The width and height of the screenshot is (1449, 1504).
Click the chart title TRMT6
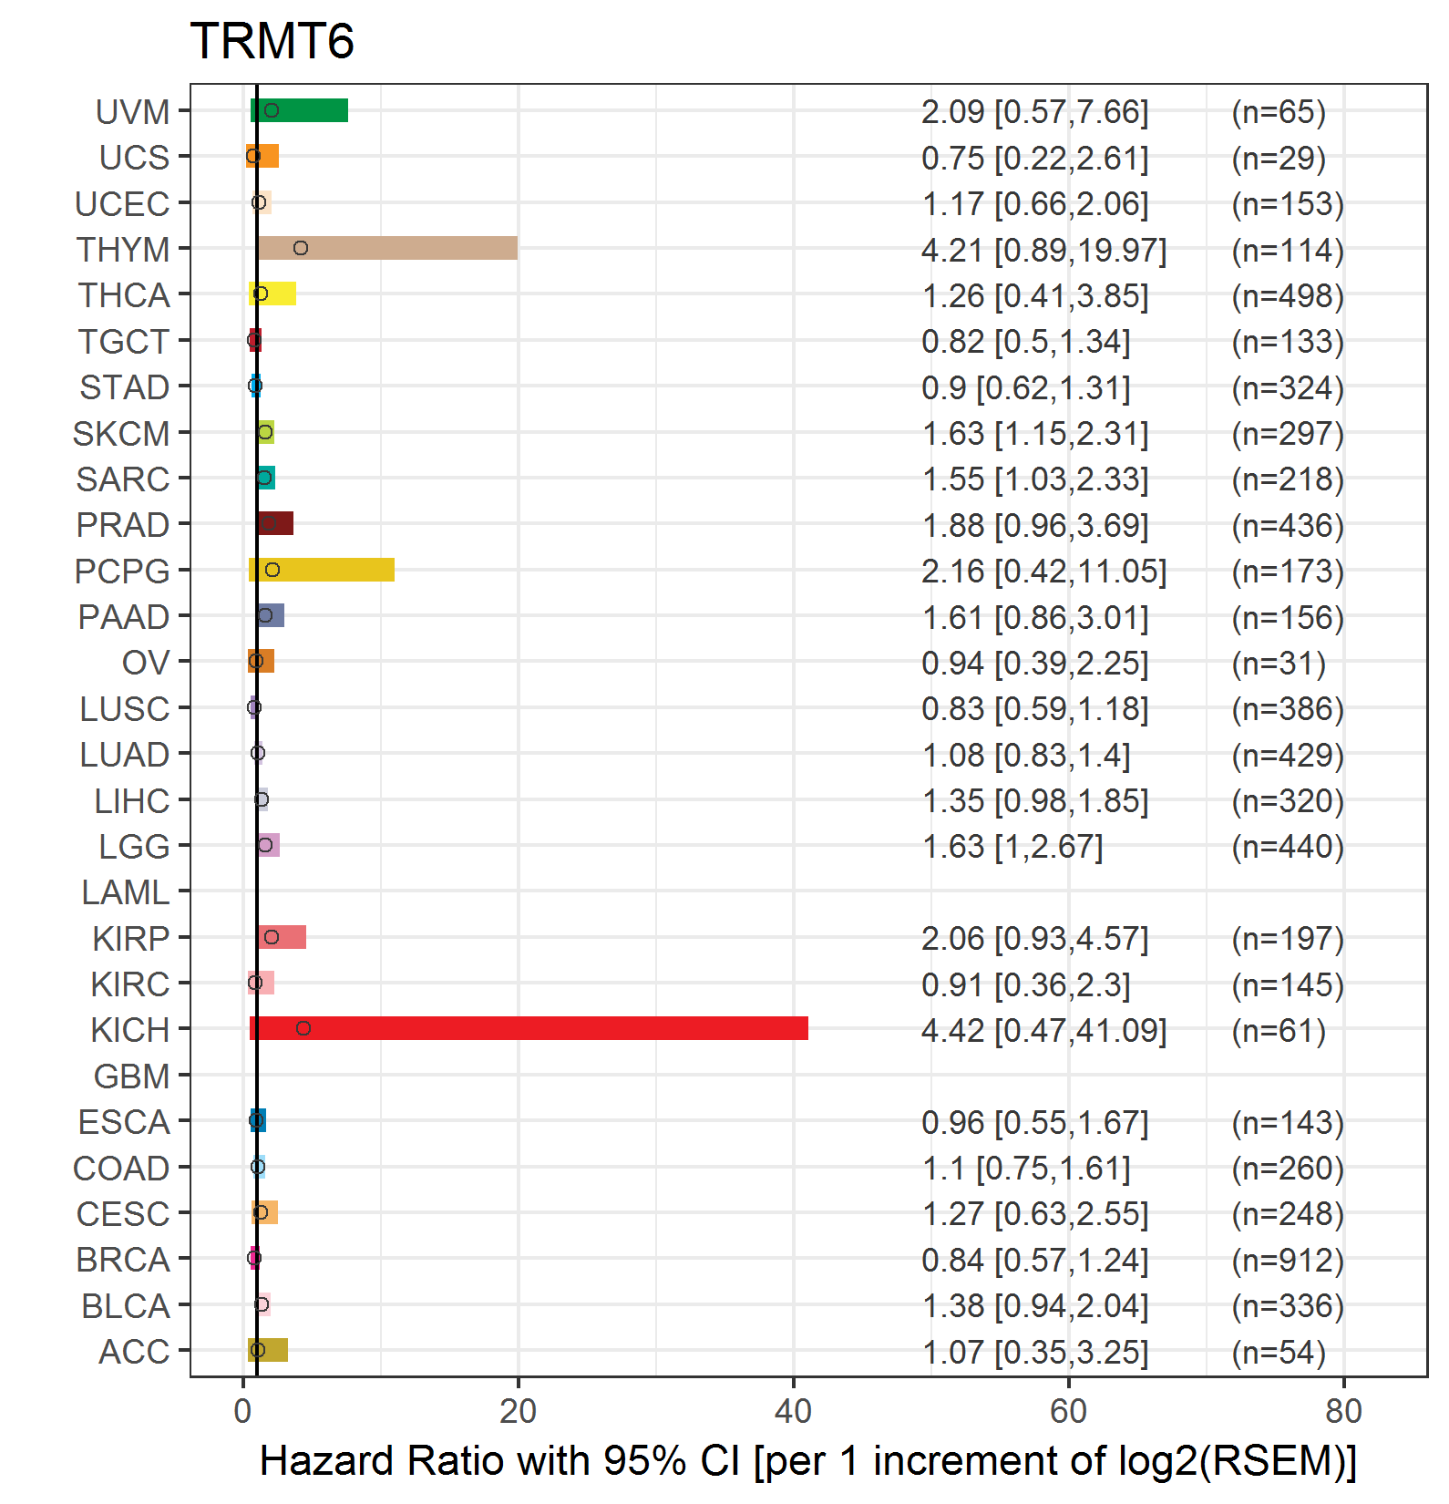272,41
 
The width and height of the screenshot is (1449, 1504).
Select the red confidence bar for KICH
529,1028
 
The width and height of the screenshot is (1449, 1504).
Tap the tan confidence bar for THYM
387,248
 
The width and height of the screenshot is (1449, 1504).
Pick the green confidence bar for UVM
299,110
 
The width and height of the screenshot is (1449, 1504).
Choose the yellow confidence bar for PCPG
322,570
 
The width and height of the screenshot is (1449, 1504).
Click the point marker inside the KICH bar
303,1028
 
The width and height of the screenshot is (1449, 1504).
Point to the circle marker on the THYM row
301,248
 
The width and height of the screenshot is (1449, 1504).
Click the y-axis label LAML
126,892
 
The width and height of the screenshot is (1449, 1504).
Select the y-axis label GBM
132,1076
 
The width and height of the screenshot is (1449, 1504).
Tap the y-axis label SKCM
121,434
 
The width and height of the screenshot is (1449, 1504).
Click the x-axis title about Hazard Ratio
808,1461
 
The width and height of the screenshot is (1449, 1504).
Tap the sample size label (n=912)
1288,1260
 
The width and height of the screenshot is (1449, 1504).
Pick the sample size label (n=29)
1279,158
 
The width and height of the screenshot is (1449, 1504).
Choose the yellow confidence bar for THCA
272,294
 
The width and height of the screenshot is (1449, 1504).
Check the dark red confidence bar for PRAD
275,523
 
